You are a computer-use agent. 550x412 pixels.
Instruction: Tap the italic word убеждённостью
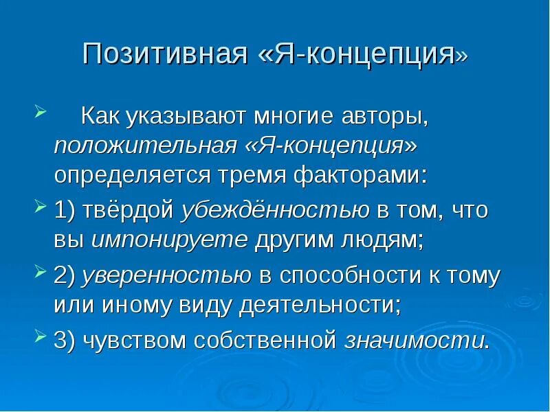(275, 211)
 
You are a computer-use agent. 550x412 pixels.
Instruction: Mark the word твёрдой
(127, 211)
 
